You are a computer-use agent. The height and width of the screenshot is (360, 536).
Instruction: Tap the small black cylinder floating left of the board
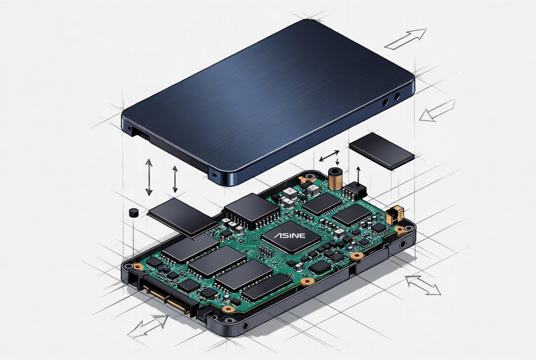tap(134, 213)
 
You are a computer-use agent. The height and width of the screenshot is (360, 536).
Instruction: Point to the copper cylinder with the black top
tap(335, 178)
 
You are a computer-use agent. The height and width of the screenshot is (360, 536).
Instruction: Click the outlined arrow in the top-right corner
tap(406, 39)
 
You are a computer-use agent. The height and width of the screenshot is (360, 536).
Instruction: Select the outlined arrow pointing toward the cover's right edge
tap(437, 111)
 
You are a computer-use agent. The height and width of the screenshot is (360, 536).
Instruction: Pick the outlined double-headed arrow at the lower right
tap(423, 285)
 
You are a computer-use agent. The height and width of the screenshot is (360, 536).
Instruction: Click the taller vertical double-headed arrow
tap(149, 177)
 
